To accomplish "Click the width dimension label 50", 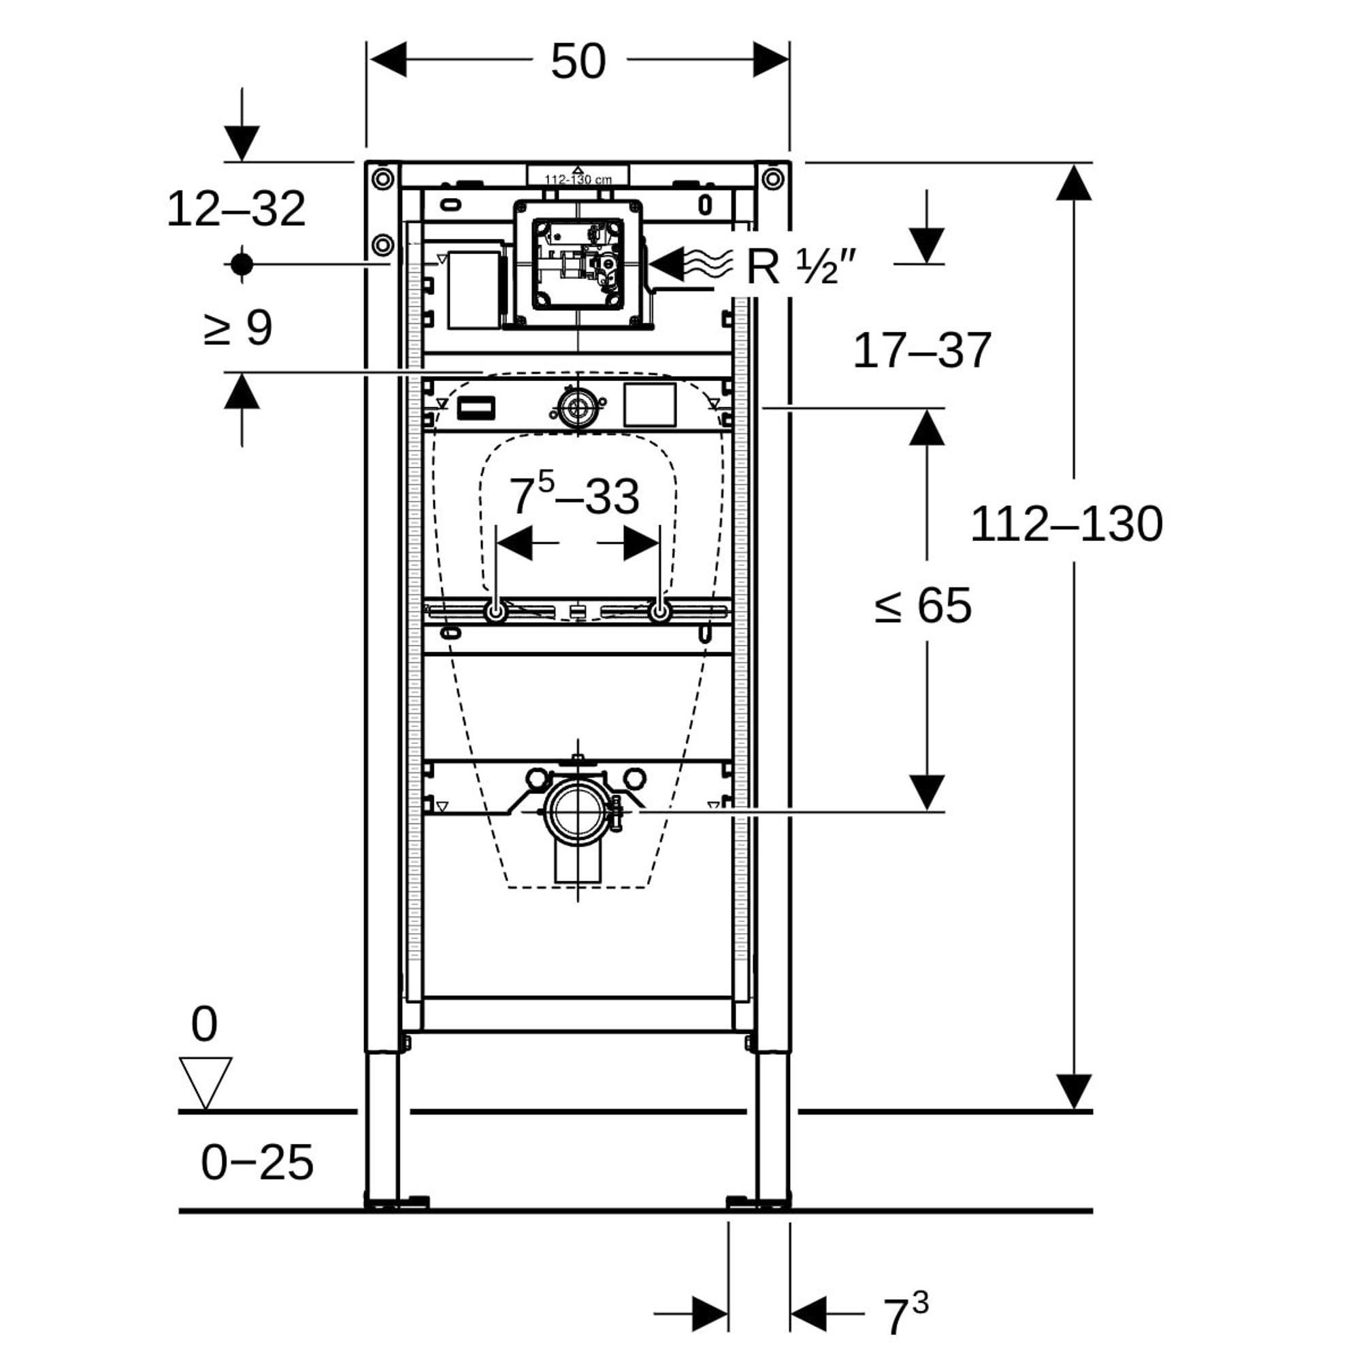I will point(578,62).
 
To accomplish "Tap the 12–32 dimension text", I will point(236,209).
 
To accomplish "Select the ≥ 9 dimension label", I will point(237,327).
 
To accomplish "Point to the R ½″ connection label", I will point(801,267).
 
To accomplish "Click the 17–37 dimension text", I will point(921,351).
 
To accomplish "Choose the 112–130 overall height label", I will point(1066,525).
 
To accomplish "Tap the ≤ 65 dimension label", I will point(922,605).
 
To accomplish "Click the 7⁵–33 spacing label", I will point(574,495).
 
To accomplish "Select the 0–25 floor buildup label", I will point(257,1162).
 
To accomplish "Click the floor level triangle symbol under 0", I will point(205,1083).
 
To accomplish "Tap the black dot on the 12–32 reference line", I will point(242,265).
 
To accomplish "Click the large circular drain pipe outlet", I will point(578,812).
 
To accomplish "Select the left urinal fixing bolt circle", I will point(496,612).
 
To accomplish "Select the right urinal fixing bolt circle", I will point(660,612).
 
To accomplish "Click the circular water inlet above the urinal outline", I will point(578,407).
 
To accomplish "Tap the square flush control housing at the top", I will point(578,264).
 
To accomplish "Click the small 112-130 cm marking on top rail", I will point(578,180).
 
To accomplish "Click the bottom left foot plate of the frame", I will point(397,1202).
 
